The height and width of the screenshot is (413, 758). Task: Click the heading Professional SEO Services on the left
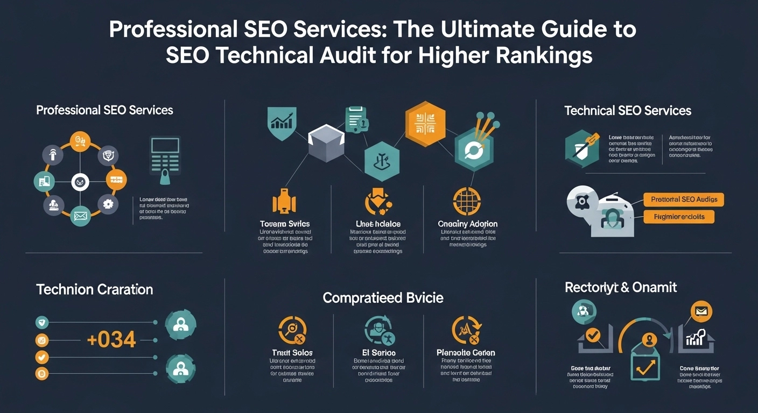pos(104,110)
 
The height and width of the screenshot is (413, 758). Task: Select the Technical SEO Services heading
pos(628,111)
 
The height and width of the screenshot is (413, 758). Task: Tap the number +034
pos(112,340)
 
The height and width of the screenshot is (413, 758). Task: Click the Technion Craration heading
pos(95,289)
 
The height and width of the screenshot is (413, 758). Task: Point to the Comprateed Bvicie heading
pos(383,298)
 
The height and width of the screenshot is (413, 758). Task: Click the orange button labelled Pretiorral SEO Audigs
pos(684,200)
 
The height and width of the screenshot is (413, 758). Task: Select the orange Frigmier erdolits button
pos(679,217)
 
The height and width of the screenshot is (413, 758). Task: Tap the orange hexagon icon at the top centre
pos(425,124)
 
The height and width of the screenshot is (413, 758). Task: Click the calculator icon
pos(165,157)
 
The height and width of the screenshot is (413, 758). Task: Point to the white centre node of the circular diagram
pos(80,182)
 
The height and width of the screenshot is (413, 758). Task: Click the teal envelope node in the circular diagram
pos(80,217)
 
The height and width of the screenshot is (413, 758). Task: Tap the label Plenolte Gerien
pos(466,353)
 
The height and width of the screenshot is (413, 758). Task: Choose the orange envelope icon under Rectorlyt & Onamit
pos(701,311)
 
